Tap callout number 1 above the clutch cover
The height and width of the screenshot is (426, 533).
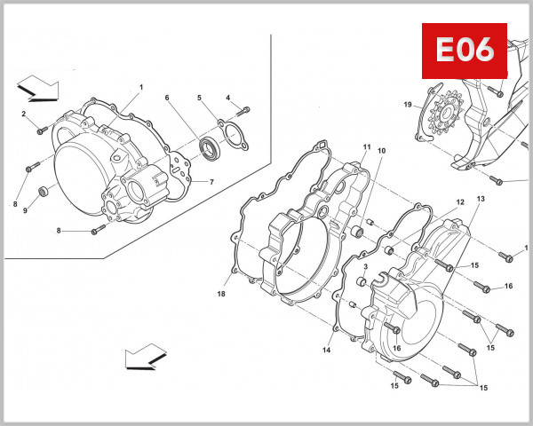(140, 87)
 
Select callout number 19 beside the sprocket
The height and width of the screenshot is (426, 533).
(408, 106)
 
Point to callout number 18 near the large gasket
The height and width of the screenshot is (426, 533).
(222, 293)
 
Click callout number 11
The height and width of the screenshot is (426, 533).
(365, 146)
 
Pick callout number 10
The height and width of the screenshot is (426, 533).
(381, 152)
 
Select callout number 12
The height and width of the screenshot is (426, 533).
(460, 202)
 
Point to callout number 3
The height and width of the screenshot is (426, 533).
(364, 267)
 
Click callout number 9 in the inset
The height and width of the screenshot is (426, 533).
(25, 210)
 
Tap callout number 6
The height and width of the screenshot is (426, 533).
(166, 98)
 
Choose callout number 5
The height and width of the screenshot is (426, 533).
(199, 98)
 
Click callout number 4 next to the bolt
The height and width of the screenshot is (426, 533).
(227, 98)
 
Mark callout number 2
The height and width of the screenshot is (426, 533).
(24, 114)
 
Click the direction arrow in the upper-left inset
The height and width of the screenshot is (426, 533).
(38, 89)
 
